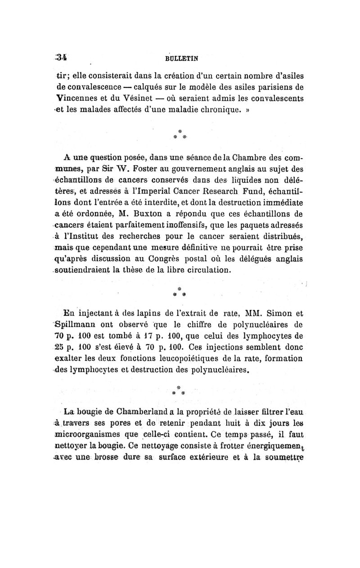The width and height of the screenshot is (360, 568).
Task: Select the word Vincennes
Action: point(74,98)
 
